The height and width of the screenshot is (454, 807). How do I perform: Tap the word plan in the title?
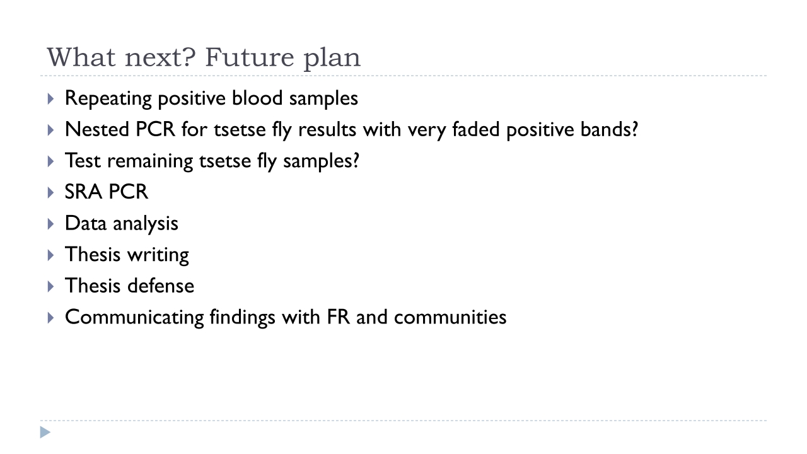(332, 59)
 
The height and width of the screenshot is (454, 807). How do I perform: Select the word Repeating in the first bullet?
(108, 98)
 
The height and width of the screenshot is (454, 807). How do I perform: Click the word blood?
(257, 98)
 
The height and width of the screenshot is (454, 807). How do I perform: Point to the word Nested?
(97, 129)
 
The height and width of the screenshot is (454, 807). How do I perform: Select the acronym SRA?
(83, 192)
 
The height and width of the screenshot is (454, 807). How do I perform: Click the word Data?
(86, 223)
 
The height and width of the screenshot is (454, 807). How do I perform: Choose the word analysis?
(146, 224)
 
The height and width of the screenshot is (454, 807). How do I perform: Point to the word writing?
(158, 255)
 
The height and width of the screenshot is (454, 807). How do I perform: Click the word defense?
(161, 286)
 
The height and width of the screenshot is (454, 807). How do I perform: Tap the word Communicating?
(134, 318)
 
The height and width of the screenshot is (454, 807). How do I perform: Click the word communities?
(450, 317)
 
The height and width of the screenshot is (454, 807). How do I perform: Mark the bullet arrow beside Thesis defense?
(50, 286)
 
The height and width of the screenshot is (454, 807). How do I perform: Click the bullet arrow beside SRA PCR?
(50, 192)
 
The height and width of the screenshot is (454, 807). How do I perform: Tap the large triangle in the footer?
(45, 433)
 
